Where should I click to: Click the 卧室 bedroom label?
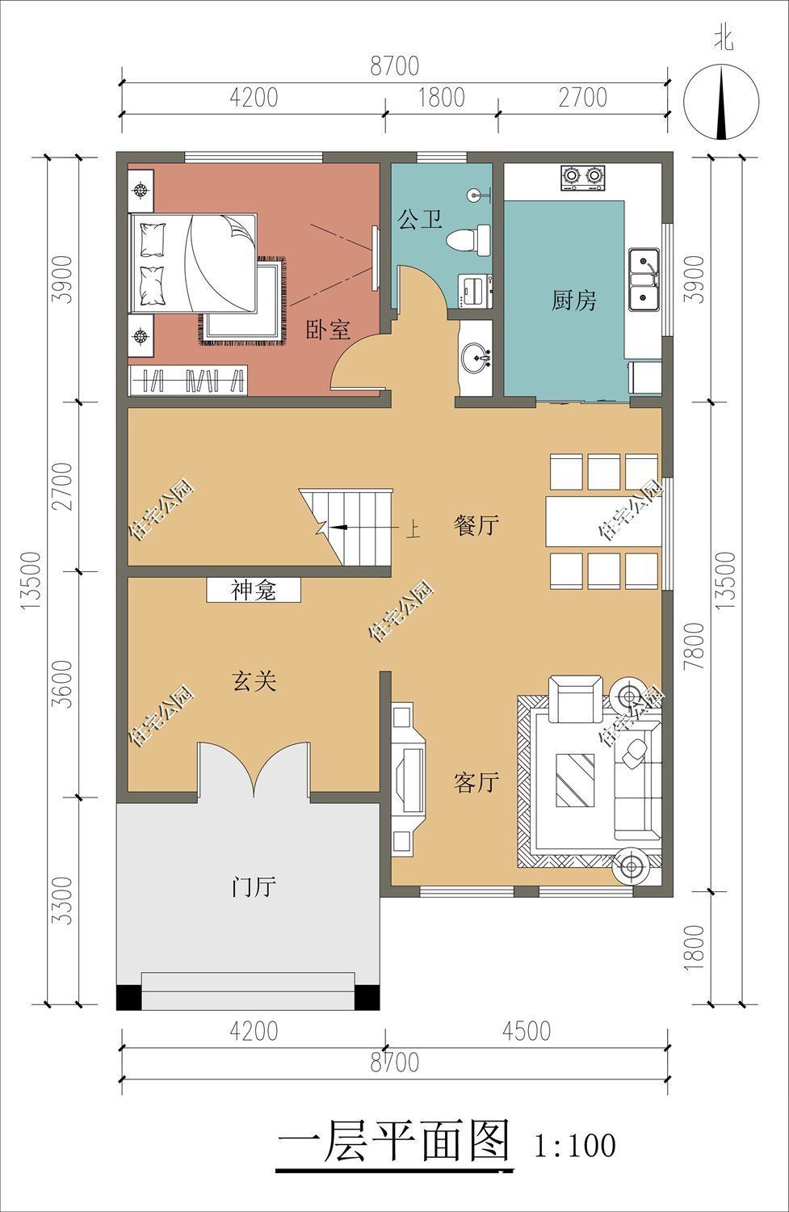(328, 330)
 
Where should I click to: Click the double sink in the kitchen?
(644, 280)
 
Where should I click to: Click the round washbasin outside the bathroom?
(476, 356)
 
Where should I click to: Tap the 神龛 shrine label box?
(254, 591)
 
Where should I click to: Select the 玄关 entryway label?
(255, 682)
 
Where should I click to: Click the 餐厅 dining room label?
(476, 526)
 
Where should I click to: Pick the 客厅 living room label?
(476, 782)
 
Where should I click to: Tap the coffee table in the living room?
(575, 780)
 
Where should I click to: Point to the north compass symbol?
(722, 101)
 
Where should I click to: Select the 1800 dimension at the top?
(442, 97)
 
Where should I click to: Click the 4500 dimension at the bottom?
(526, 1031)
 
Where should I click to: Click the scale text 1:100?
(575, 1145)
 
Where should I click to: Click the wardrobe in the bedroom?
(188, 380)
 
